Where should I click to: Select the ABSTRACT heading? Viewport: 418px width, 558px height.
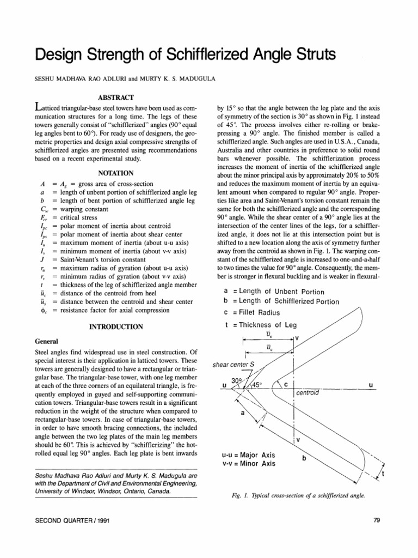(115, 98)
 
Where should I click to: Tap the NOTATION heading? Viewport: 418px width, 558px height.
(115, 173)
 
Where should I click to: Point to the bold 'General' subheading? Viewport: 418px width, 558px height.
(47, 341)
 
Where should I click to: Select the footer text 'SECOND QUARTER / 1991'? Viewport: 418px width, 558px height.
(68, 520)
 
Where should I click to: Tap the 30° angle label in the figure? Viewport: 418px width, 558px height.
(237, 380)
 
